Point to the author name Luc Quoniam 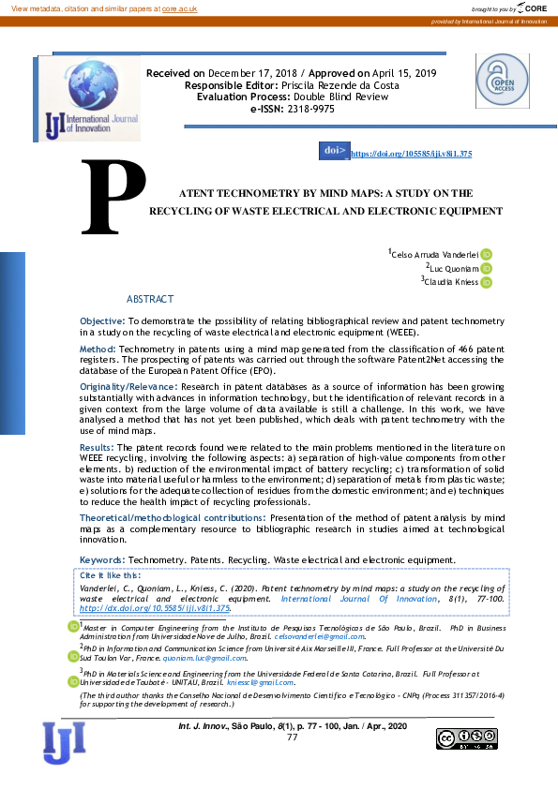455,268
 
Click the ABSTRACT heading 150,299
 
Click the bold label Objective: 102,321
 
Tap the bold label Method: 98,348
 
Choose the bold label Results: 98,449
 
